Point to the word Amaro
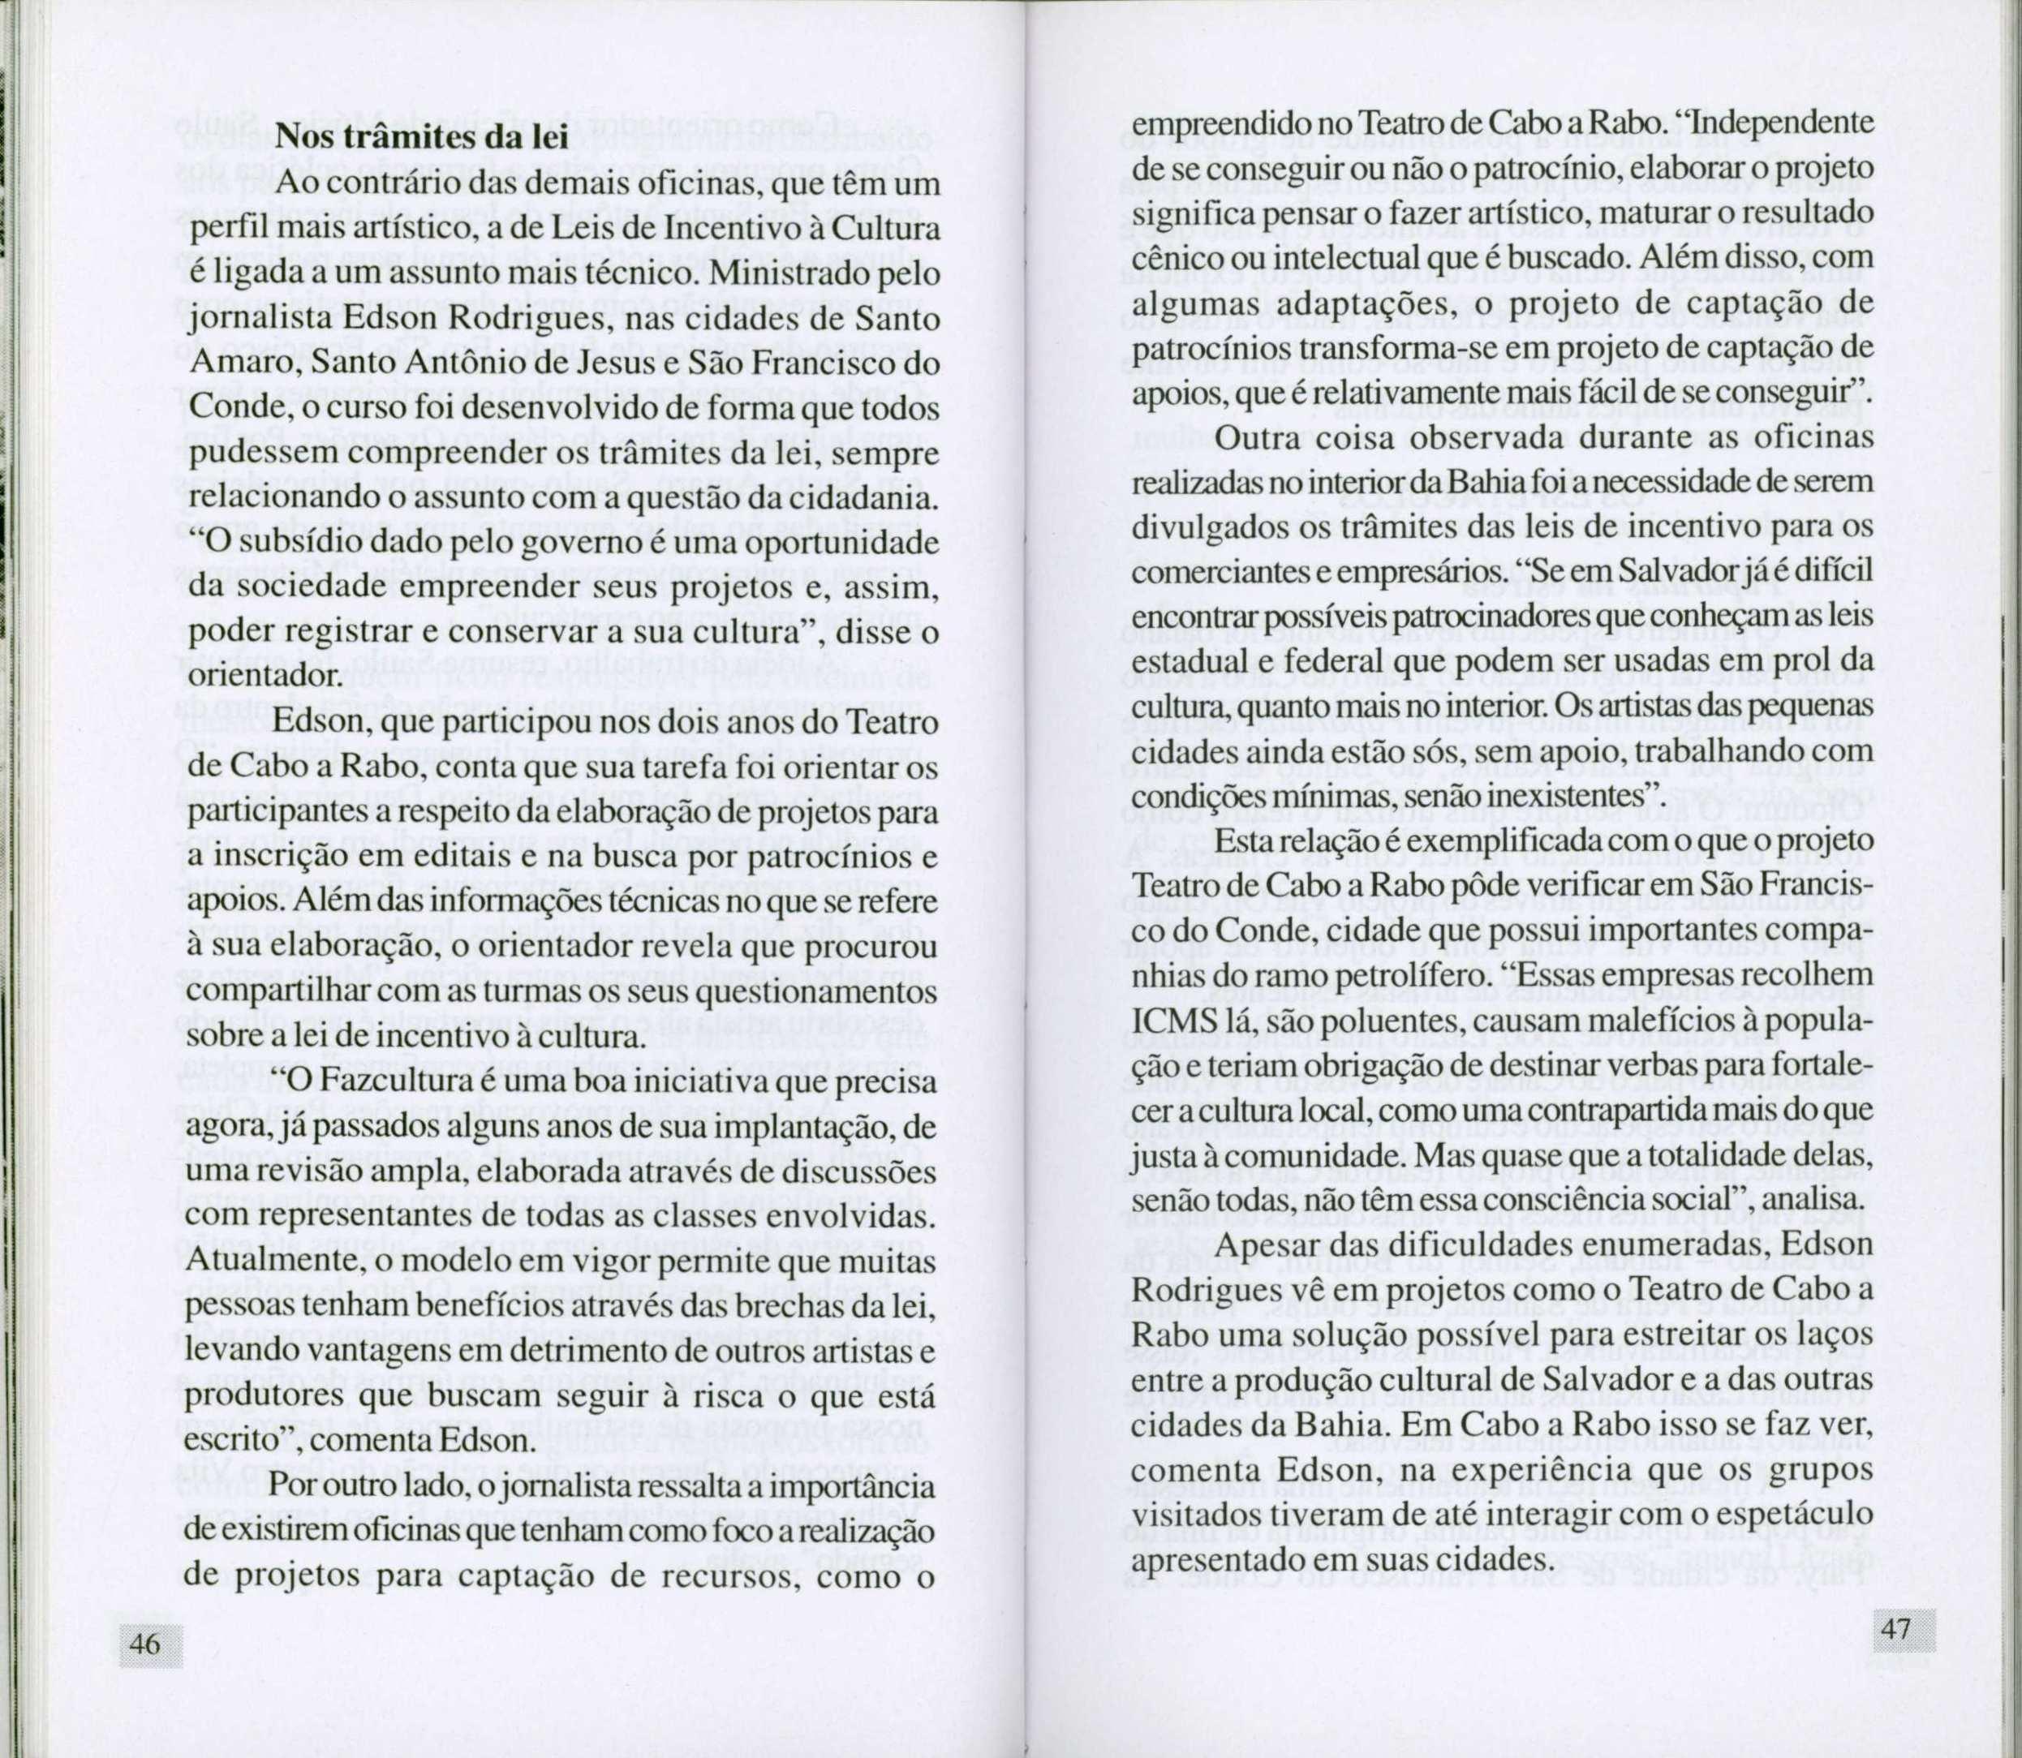[241, 364]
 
